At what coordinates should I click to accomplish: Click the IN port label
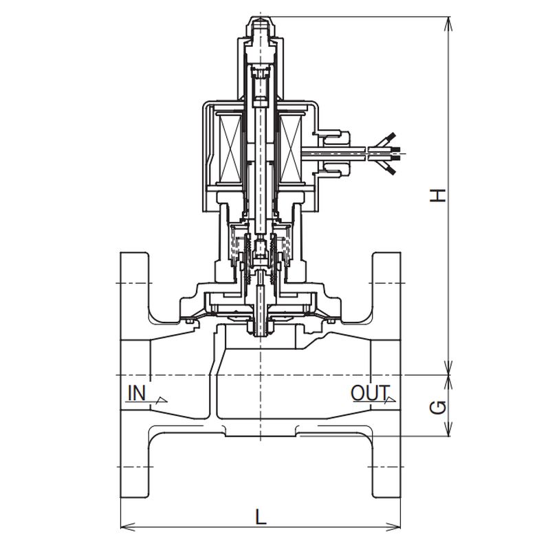click(x=137, y=393)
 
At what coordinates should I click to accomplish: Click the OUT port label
click(x=371, y=393)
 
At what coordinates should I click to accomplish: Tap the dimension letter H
click(x=438, y=195)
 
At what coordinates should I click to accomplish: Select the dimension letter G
click(x=438, y=407)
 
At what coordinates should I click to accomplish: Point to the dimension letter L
click(x=261, y=517)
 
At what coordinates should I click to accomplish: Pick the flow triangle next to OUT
click(x=390, y=399)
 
